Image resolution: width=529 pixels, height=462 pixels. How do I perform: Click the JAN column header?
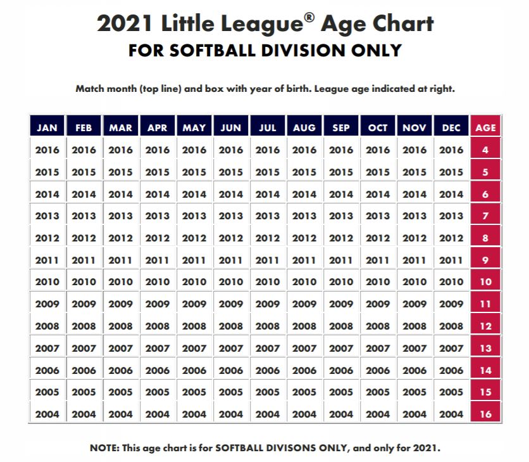click(x=47, y=127)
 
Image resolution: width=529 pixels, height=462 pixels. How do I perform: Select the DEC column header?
click(x=451, y=127)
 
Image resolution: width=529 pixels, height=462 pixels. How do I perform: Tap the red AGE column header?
click(x=485, y=127)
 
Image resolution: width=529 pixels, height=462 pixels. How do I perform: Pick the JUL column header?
click(x=268, y=127)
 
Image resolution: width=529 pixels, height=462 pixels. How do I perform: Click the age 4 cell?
click(x=485, y=150)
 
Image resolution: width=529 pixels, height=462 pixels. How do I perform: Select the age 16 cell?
click(x=485, y=414)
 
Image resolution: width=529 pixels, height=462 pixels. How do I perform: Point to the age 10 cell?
click(x=485, y=282)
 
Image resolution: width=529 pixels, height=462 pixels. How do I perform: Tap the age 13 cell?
click(x=485, y=348)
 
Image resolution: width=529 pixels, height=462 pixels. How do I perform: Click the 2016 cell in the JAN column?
click(x=47, y=150)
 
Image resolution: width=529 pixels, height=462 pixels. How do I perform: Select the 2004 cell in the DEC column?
click(x=451, y=414)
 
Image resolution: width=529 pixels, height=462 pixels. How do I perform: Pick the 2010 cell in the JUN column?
click(x=231, y=282)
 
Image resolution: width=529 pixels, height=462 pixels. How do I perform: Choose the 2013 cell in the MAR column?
click(x=121, y=216)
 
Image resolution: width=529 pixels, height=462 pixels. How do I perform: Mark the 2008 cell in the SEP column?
click(x=341, y=326)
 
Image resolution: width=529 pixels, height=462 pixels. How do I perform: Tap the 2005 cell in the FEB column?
click(x=84, y=392)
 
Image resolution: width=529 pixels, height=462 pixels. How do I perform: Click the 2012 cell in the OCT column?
click(x=378, y=238)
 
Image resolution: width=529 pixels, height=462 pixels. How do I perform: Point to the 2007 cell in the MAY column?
click(x=194, y=348)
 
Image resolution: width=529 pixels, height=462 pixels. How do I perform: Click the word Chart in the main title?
click(x=403, y=24)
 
